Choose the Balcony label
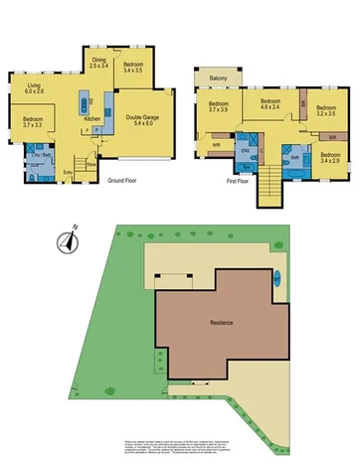tap(221, 78)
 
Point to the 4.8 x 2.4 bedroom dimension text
tap(270, 109)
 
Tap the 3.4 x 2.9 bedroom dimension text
tap(330, 161)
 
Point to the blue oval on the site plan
tap(278, 277)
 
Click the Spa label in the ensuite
tap(251, 159)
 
